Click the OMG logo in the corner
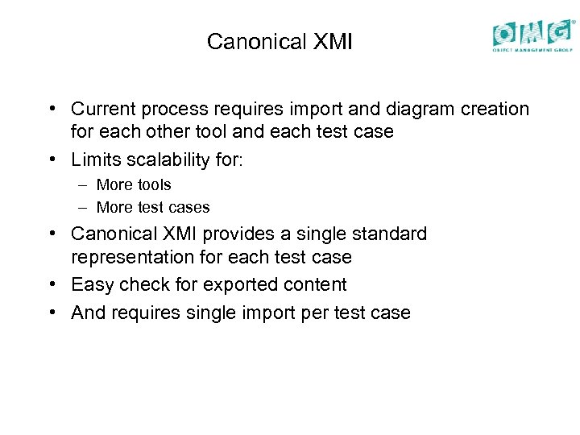pyautogui.click(x=532, y=35)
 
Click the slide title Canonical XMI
pyautogui.click(x=280, y=42)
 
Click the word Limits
pyautogui.click(x=96, y=159)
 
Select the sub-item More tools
pyautogui.click(x=134, y=185)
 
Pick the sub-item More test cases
pyautogui.click(x=153, y=208)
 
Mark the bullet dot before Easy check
pyautogui.click(x=52, y=285)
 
